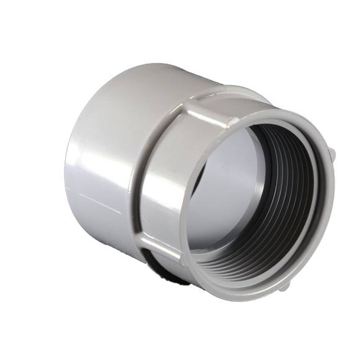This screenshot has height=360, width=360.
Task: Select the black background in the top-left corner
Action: [19, 19]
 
